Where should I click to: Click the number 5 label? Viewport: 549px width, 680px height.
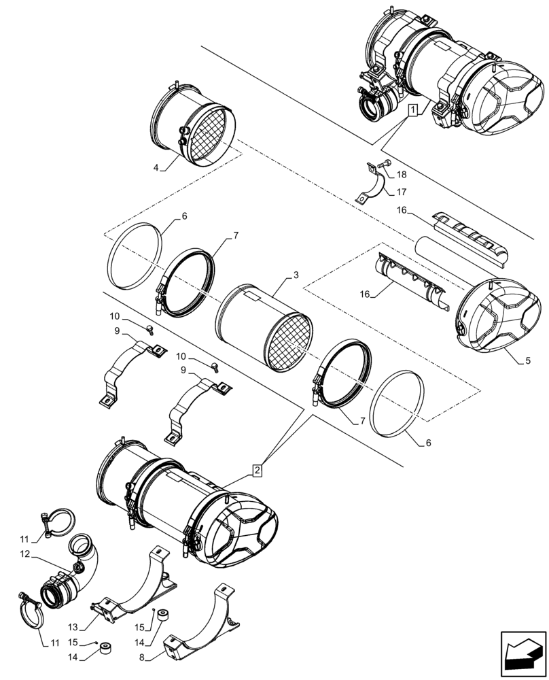coord(528,362)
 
